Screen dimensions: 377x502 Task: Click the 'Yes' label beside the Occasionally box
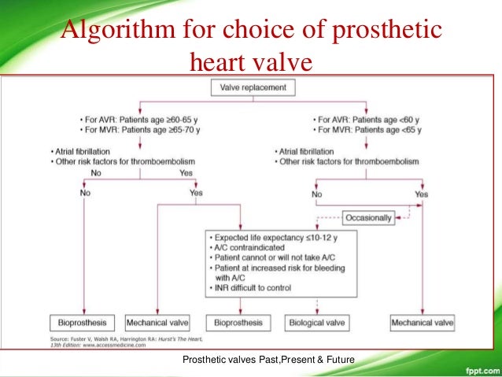click(421, 193)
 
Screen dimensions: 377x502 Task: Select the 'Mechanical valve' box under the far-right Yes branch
click(423, 323)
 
